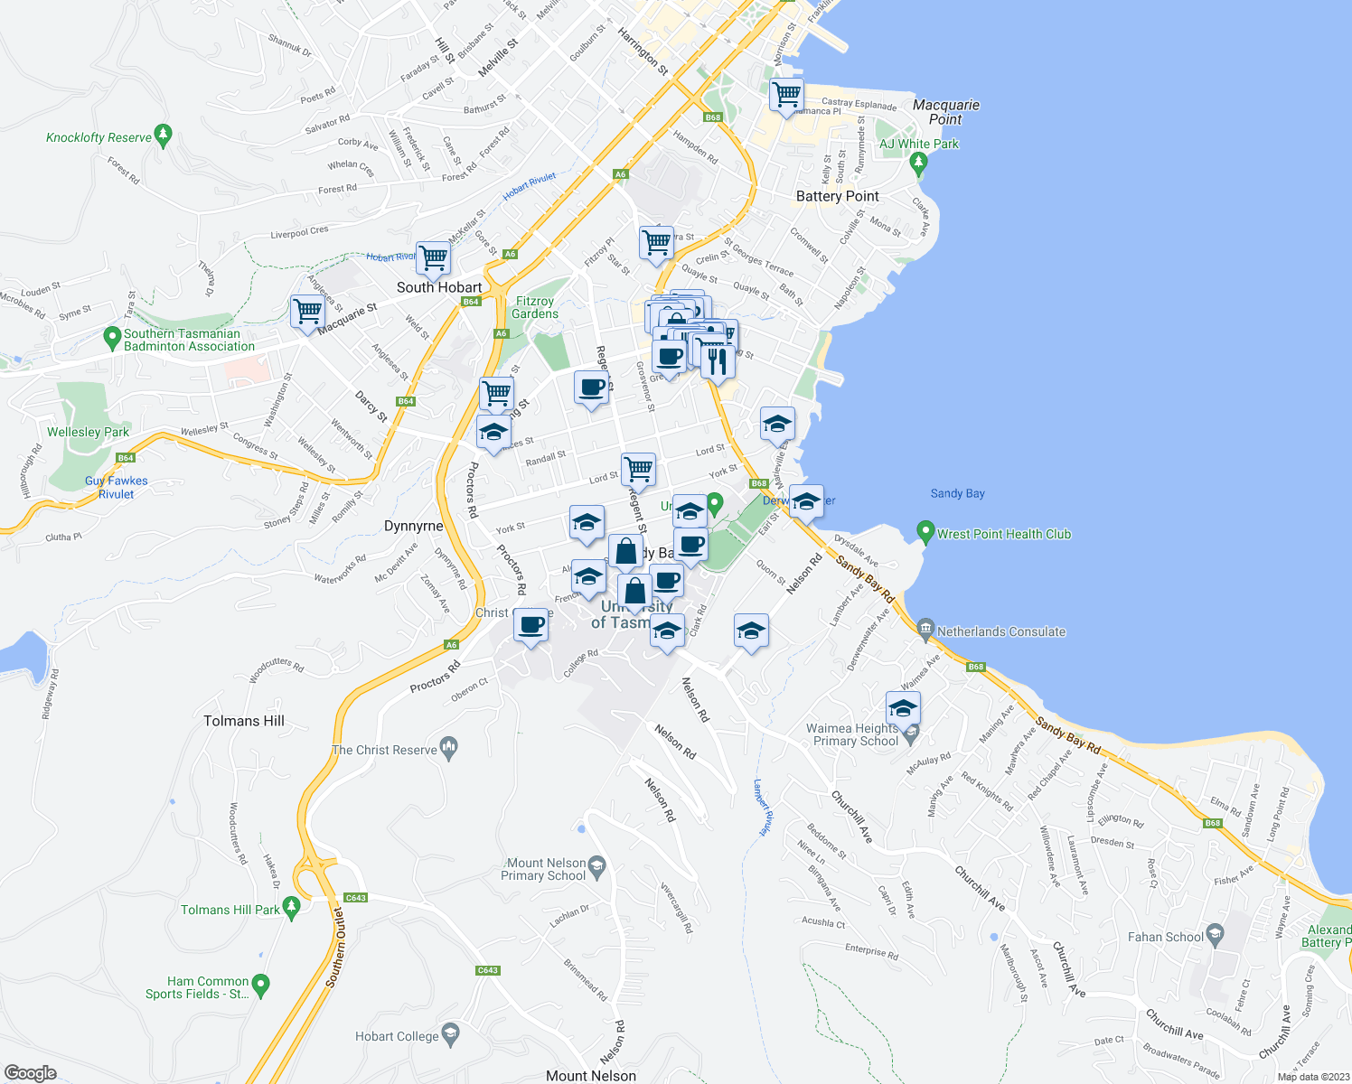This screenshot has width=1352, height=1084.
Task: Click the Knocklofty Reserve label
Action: (99, 137)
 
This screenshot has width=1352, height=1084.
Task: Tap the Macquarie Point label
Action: (945, 112)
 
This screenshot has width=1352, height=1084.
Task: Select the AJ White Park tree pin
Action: (919, 164)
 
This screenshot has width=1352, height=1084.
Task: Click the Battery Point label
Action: (837, 196)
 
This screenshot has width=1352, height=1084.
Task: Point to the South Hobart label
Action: (439, 287)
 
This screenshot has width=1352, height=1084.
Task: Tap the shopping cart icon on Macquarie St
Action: (307, 312)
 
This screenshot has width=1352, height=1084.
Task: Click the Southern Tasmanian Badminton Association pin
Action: (112, 339)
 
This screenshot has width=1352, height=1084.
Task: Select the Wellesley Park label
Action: (89, 432)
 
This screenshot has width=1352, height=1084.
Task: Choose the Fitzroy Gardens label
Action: (535, 307)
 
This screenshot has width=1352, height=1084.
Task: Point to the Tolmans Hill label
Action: (244, 721)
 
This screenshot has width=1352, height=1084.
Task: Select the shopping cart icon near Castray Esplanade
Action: (786, 94)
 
